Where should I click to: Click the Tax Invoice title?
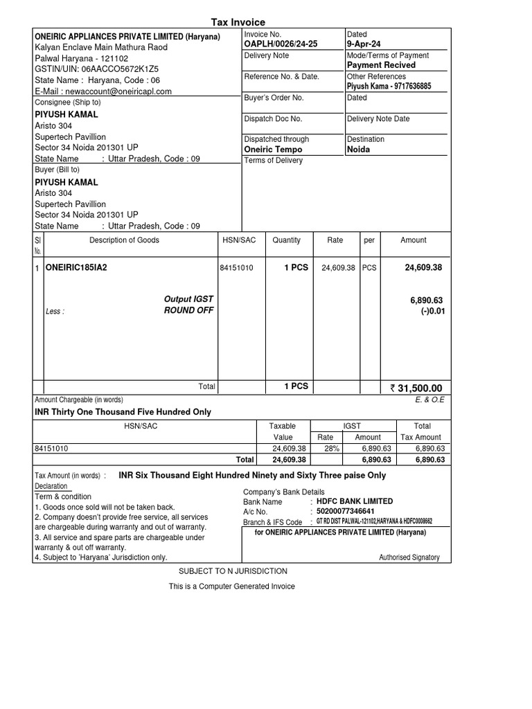point(238,22)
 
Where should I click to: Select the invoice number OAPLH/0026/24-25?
point(281,44)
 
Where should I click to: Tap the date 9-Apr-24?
point(364,44)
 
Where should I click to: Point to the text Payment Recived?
point(381,65)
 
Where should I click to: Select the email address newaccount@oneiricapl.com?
point(103,91)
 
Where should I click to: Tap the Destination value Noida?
point(358,150)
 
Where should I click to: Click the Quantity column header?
point(286,240)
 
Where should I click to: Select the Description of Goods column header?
point(124,240)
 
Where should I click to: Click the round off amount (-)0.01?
point(431,311)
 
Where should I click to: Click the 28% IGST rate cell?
point(325,449)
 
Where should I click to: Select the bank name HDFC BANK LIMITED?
point(355,501)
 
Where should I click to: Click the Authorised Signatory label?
point(409,558)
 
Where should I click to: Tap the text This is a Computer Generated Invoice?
point(232,586)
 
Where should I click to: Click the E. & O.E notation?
point(429,400)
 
